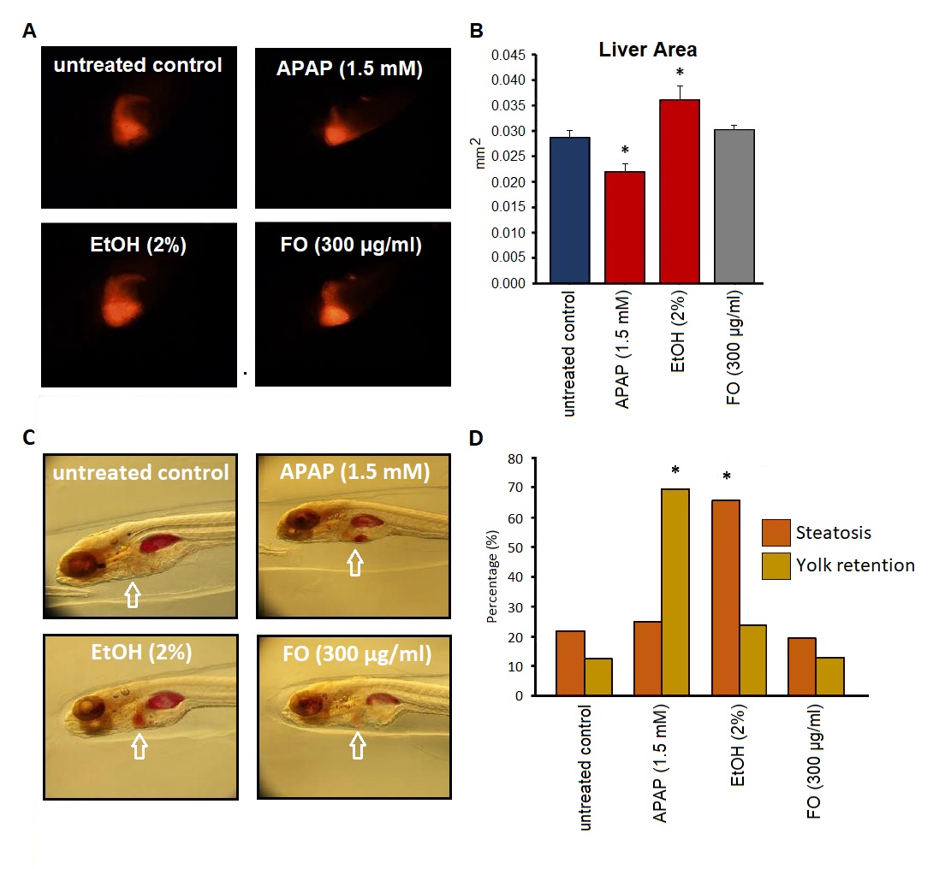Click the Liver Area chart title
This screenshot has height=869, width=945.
(x=648, y=50)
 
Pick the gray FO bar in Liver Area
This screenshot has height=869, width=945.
(x=734, y=205)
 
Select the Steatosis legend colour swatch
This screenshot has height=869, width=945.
(x=777, y=533)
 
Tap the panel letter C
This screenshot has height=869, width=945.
(x=29, y=438)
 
